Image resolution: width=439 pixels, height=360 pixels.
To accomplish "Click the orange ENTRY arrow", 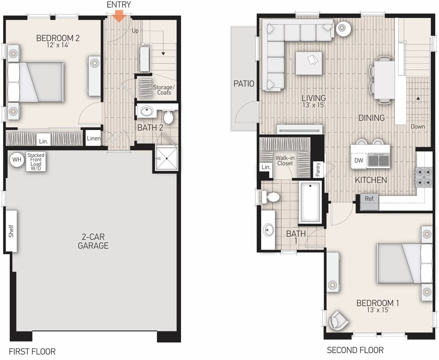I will pos(119,17).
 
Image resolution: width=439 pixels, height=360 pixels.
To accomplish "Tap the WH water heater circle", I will pos(17,160).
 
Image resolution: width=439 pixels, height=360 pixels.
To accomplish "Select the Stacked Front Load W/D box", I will pos(36,162).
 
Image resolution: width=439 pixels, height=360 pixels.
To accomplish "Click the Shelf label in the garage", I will pos(11,231).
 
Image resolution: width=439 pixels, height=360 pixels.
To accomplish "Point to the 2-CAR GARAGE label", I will pos(93,241).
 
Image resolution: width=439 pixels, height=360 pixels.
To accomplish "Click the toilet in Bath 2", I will pos(169,116).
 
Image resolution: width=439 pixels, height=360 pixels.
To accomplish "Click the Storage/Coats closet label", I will pos(164,90).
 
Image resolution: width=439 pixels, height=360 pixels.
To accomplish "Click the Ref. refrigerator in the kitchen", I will pos(369,198).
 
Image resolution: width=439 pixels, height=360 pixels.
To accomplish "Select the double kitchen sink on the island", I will pos(378,160).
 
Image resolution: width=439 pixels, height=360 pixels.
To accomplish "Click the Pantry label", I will pos(318,169).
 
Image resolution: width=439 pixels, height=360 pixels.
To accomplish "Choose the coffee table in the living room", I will pos(309,63).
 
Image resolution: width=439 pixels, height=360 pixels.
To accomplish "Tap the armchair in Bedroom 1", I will pos(338,320).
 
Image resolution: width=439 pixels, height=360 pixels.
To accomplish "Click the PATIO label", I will pos(244,84).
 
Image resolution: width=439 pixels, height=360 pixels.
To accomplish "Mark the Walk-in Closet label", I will pos(285,160).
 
